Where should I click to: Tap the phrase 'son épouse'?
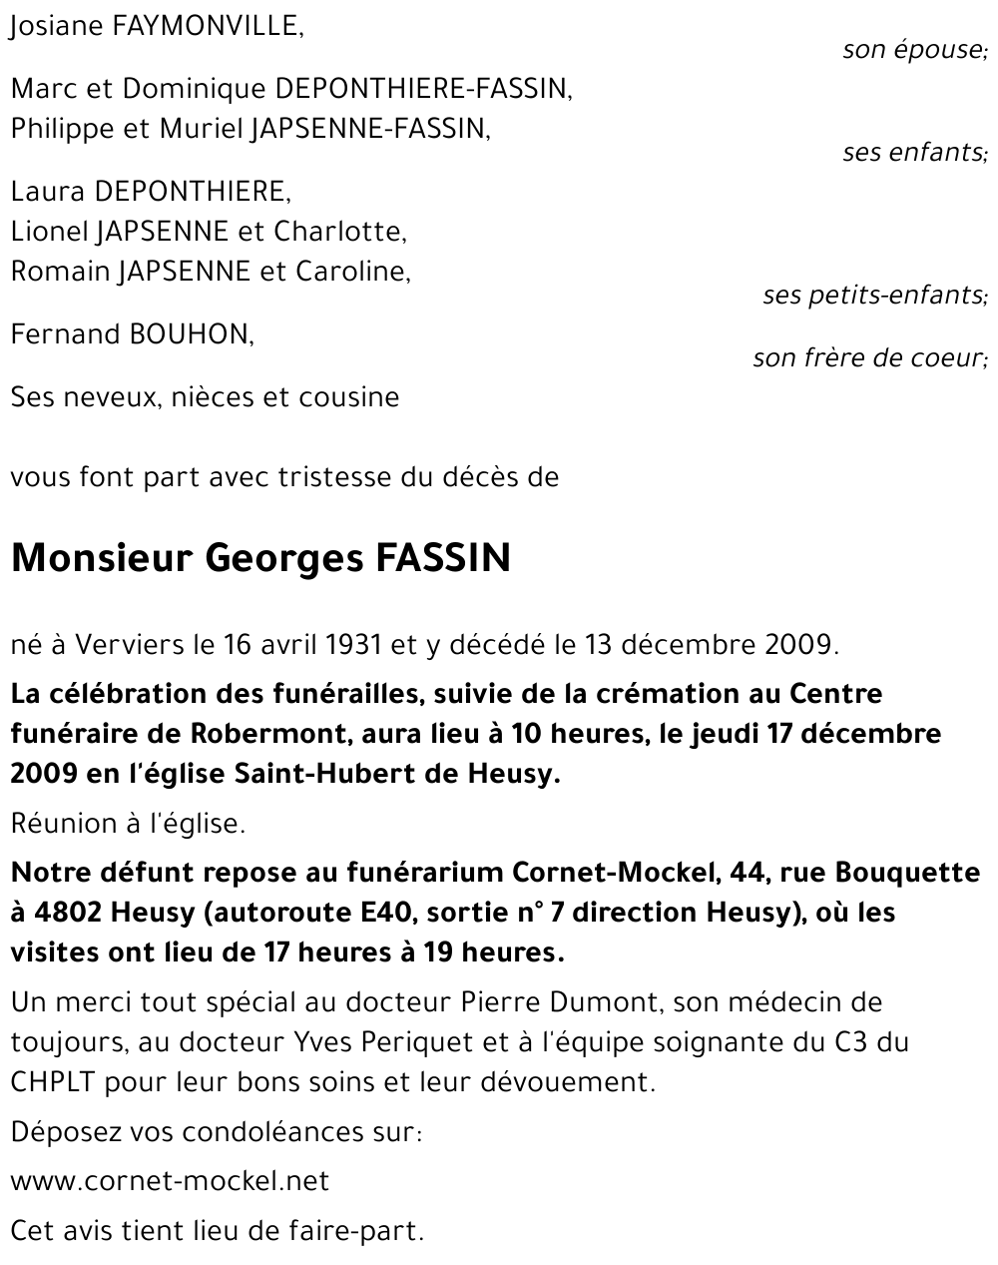[913, 49]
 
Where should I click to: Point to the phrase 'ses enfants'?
[913, 152]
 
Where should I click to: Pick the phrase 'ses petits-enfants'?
[873, 295]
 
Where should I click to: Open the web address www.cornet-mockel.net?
[170, 1181]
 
